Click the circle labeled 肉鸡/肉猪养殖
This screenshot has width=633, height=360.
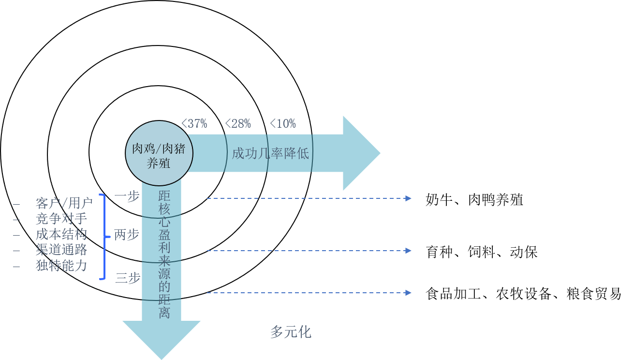[159, 153]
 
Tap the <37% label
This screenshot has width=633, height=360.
[194, 124]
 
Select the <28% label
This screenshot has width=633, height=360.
[238, 124]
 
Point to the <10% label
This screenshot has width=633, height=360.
[282, 124]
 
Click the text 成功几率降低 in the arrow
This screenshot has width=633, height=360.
[270, 154]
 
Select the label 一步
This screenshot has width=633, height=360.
[127, 196]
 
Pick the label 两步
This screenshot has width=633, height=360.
[127, 235]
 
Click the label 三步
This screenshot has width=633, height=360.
[128, 278]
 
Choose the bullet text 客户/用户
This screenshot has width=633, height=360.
[64, 203]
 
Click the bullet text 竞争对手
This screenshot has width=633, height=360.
[61, 219]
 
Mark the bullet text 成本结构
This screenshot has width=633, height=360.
[61, 235]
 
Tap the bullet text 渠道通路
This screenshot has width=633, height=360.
[61, 250]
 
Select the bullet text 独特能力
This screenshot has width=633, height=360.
[61, 266]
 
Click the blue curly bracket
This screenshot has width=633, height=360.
[103, 237]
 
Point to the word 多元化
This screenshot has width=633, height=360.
[291, 332]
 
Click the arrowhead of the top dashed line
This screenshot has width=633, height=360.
[409, 198]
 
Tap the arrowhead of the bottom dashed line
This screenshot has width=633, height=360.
[409, 293]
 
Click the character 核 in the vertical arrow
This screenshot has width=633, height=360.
[164, 210]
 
